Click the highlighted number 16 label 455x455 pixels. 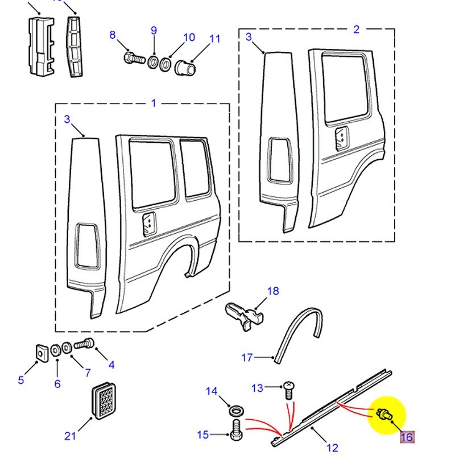coord(407,437)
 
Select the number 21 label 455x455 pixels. coord(69,436)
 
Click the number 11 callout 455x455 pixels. coord(214,39)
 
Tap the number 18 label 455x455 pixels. coord(273,291)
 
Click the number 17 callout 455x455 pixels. coord(247,358)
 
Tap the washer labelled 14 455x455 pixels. coord(234,409)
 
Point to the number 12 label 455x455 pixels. coord(333,447)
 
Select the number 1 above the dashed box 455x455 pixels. coord(154,103)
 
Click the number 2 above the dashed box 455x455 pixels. coord(356,29)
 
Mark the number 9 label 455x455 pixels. coord(154,31)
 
